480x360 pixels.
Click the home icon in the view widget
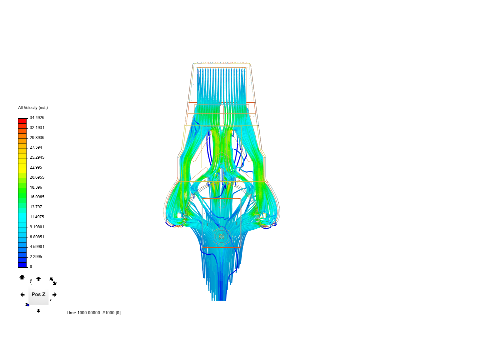pyautogui.click(x=22, y=277)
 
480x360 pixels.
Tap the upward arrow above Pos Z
pyautogui.click(x=38, y=279)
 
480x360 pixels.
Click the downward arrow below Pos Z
pyautogui.click(x=38, y=311)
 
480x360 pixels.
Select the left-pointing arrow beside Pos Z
pyautogui.click(x=22, y=295)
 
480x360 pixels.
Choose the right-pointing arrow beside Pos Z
pyautogui.click(x=55, y=295)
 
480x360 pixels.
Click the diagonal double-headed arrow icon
pyautogui.click(x=53, y=281)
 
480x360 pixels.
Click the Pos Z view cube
pyautogui.click(x=38, y=295)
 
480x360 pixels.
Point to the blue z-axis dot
pyautogui.click(x=28, y=305)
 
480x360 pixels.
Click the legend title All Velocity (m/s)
pyautogui.click(x=33, y=108)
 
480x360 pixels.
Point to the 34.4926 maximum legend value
pyautogui.click(x=37, y=118)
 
